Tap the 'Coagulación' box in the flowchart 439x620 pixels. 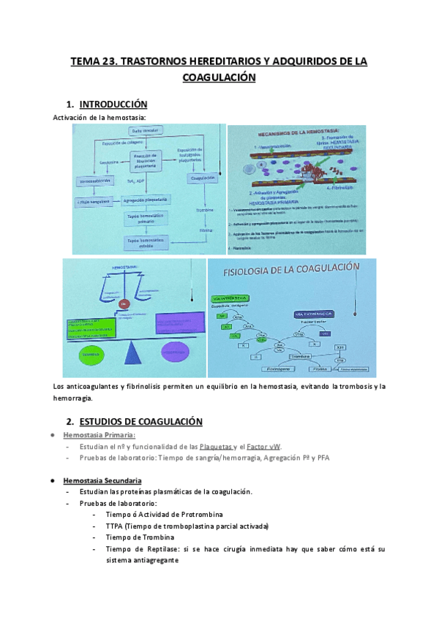pyautogui.click(x=201, y=178)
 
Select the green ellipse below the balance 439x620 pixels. pyautogui.click(x=86, y=355)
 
